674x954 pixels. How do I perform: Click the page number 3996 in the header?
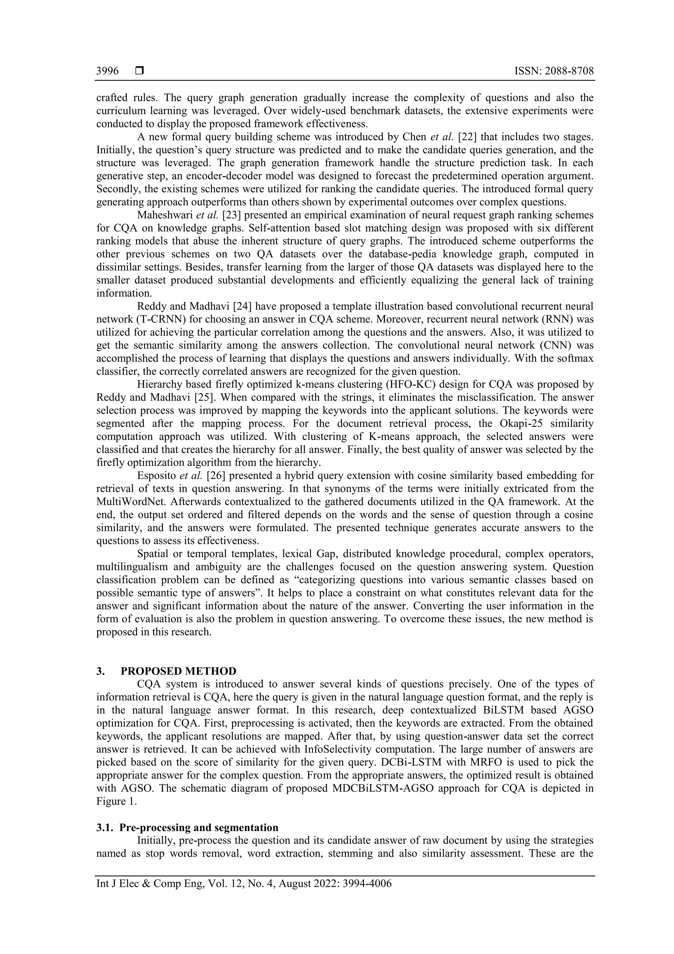pos(107,71)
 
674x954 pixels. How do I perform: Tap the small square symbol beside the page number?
pos(140,71)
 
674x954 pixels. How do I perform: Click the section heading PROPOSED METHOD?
pos(179,671)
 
